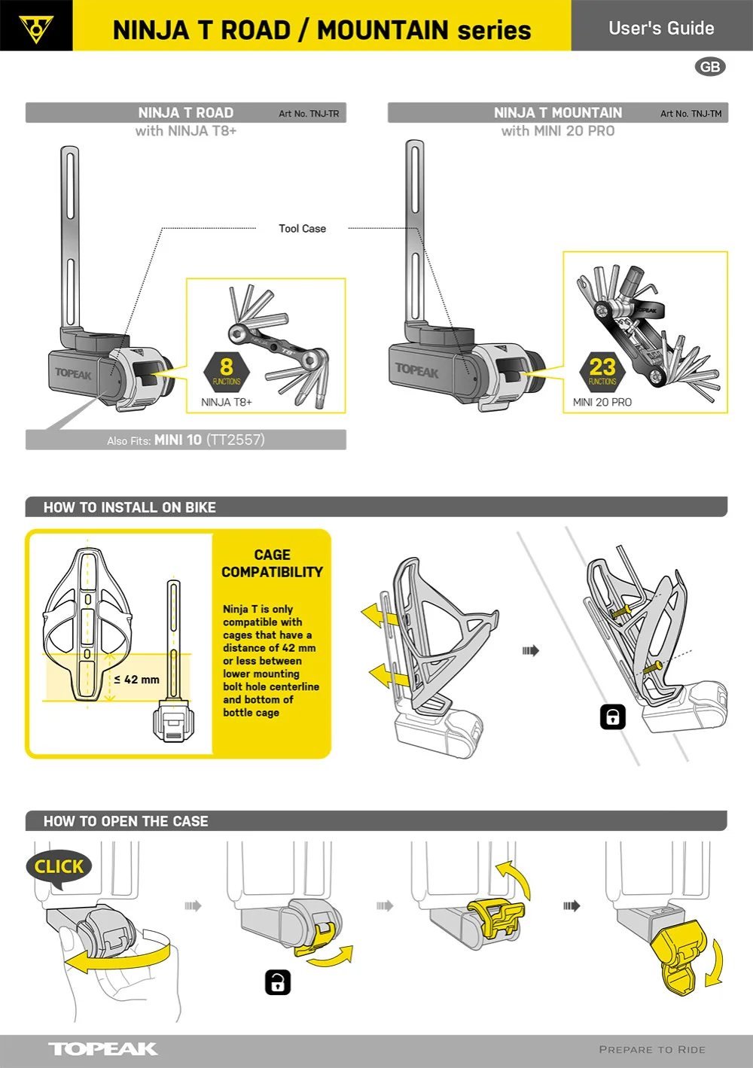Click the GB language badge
[x=710, y=67]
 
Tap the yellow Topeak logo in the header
[x=36, y=27]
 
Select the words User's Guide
[x=661, y=29]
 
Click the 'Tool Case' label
[x=302, y=229]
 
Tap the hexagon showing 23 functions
[x=602, y=370]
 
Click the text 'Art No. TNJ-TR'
[x=309, y=114]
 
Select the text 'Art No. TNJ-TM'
[x=691, y=114]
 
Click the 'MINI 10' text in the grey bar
[x=178, y=440]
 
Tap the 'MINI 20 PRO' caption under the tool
[x=602, y=403]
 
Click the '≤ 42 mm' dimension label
[x=137, y=680]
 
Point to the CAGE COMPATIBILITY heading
[x=272, y=564]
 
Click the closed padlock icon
[x=613, y=717]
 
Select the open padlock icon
[x=278, y=982]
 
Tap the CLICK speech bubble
[x=59, y=867]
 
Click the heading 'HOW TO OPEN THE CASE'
[x=126, y=822]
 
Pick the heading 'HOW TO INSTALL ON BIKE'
[x=130, y=508]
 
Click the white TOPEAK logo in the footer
[x=103, y=1049]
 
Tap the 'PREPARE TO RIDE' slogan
[x=652, y=1050]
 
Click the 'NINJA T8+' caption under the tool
[x=227, y=403]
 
